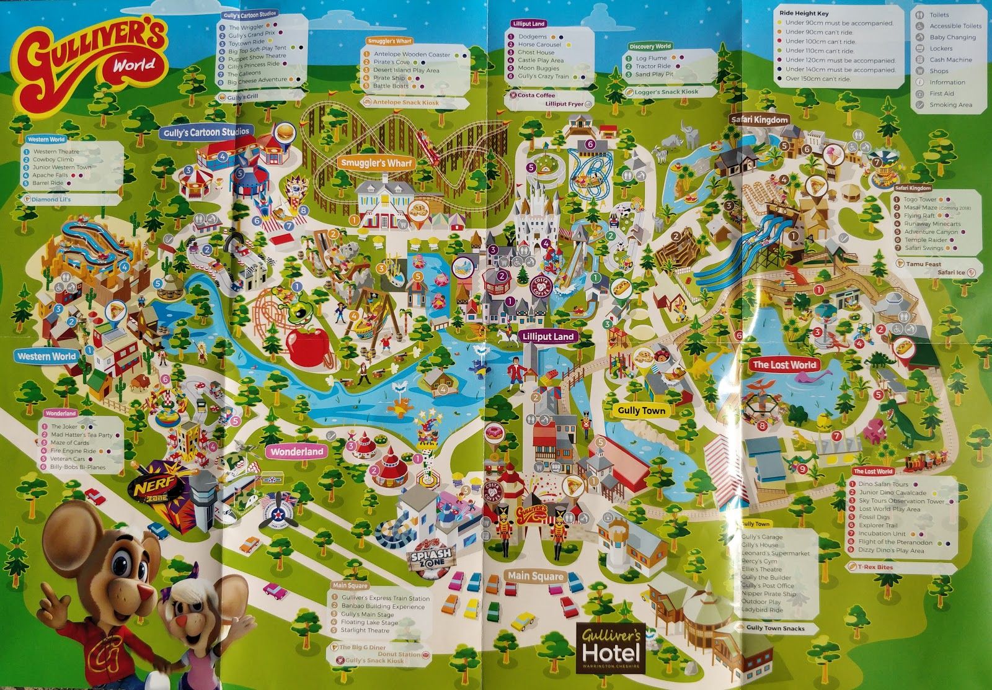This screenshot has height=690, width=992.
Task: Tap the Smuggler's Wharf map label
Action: tap(376, 163)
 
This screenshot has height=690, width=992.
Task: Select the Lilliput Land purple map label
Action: tap(548, 336)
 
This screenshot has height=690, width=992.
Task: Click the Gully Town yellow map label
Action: tap(641, 410)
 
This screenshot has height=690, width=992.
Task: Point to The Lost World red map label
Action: tap(784, 365)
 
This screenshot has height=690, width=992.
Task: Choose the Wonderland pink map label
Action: tap(297, 452)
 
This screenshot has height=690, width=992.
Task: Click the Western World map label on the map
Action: tap(46, 356)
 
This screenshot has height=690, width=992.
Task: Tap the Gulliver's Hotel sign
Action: tap(610, 648)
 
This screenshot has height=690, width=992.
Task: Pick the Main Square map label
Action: tap(534, 576)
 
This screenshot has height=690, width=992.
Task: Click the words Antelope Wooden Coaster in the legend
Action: tap(412, 55)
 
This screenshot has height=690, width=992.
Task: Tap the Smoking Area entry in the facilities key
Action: tap(950, 105)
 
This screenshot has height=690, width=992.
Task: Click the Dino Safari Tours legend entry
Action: tap(883, 484)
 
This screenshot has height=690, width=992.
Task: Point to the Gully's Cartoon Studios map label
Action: tap(207, 132)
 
